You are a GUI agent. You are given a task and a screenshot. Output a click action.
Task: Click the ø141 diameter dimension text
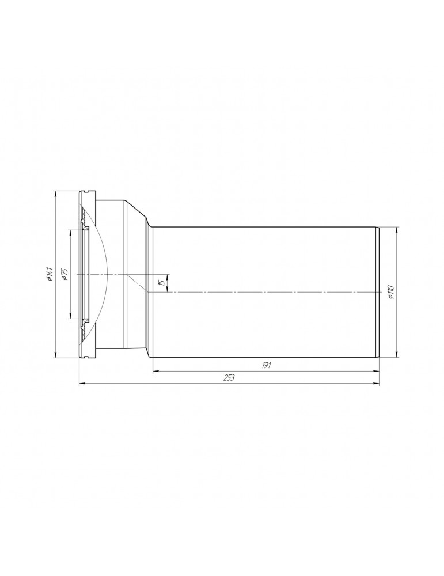(51, 275)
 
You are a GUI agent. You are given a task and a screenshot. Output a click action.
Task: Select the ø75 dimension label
(64, 274)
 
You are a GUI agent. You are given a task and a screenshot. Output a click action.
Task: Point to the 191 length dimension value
(266, 365)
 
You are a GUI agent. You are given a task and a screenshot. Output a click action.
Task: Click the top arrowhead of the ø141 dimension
(55, 193)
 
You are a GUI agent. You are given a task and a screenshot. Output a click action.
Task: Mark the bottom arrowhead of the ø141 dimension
(55, 356)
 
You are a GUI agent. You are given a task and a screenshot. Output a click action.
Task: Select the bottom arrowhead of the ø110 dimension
(396, 354)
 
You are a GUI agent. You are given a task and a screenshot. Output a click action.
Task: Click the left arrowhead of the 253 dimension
(81, 382)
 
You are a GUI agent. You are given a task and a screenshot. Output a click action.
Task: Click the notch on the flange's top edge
(87, 191)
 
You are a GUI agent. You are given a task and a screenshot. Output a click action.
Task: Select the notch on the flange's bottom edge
(87, 358)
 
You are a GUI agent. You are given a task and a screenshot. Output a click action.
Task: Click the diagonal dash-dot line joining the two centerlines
(138, 283)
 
